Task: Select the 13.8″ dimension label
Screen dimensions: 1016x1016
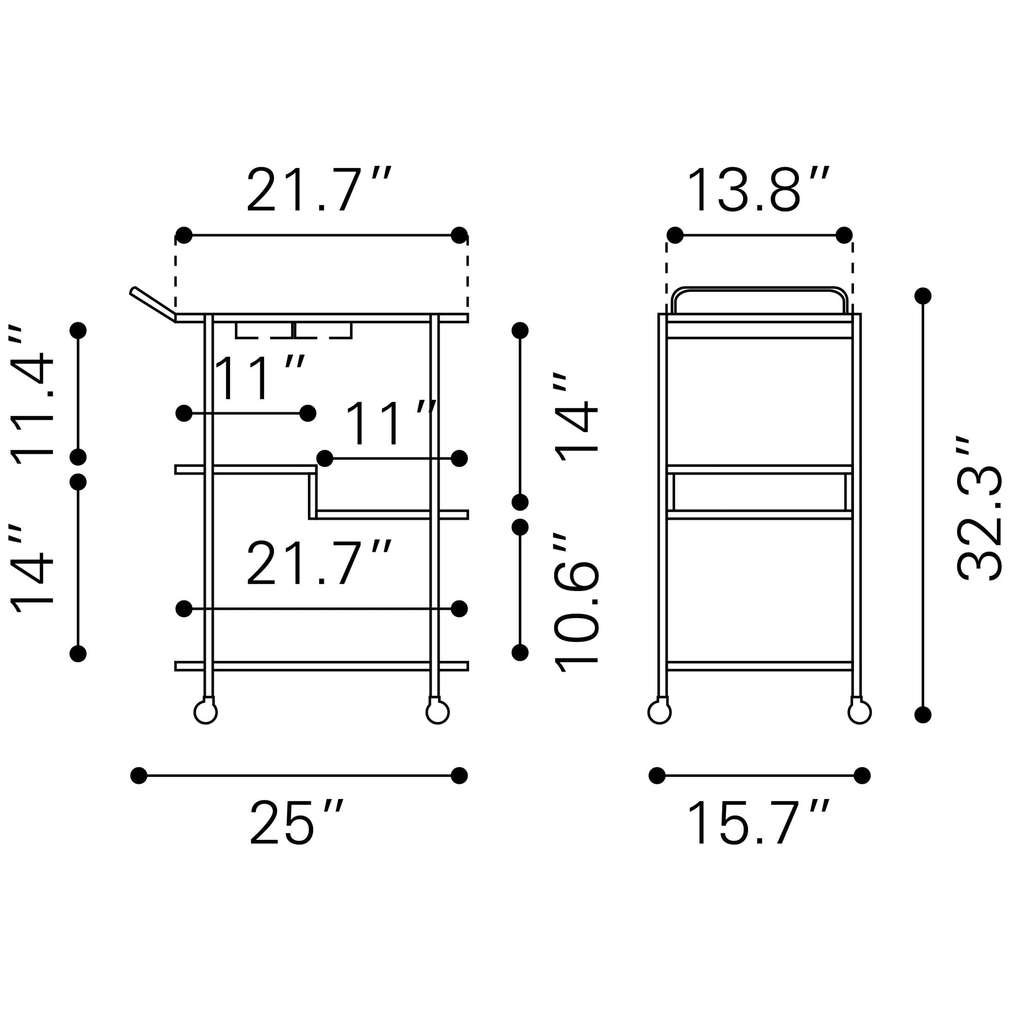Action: coord(758,190)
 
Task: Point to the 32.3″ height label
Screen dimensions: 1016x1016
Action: coord(978,508)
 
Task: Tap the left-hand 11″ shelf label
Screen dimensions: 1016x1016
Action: coord(260,378)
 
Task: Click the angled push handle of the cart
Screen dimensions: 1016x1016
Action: coord(152,303)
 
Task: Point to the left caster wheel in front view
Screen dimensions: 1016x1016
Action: coord(206,713)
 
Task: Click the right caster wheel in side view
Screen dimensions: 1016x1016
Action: coord(860,713)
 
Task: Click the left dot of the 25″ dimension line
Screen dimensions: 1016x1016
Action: coord(139,776)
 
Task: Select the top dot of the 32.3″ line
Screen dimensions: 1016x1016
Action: coord(923,296)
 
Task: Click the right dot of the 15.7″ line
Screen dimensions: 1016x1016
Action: coord(862,776)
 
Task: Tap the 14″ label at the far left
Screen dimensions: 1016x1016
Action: coord(31,568)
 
